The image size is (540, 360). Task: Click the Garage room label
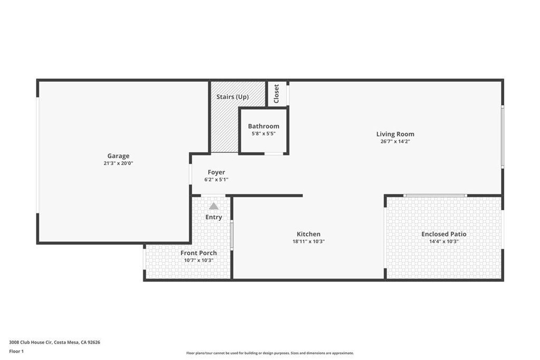118,156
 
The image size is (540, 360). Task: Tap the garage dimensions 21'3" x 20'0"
118,163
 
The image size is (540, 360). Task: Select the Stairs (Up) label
233,97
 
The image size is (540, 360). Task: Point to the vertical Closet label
276,94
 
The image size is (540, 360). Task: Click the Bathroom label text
264,127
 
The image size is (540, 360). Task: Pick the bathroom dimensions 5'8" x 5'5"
264,134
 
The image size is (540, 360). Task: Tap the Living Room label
395,134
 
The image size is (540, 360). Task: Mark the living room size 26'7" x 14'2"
395,141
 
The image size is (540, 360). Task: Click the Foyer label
216,172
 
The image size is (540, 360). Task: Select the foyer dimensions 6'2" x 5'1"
216,180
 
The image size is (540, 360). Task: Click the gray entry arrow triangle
214,206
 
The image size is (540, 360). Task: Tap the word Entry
214,217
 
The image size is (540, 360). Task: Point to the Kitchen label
308,234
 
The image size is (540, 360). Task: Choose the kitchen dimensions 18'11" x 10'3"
308,241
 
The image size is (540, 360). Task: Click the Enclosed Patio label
443,234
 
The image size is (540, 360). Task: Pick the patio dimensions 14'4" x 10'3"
443,241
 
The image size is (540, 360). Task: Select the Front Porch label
198,253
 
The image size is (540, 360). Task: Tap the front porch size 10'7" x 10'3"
198,260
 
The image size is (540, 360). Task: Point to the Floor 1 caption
16,351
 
